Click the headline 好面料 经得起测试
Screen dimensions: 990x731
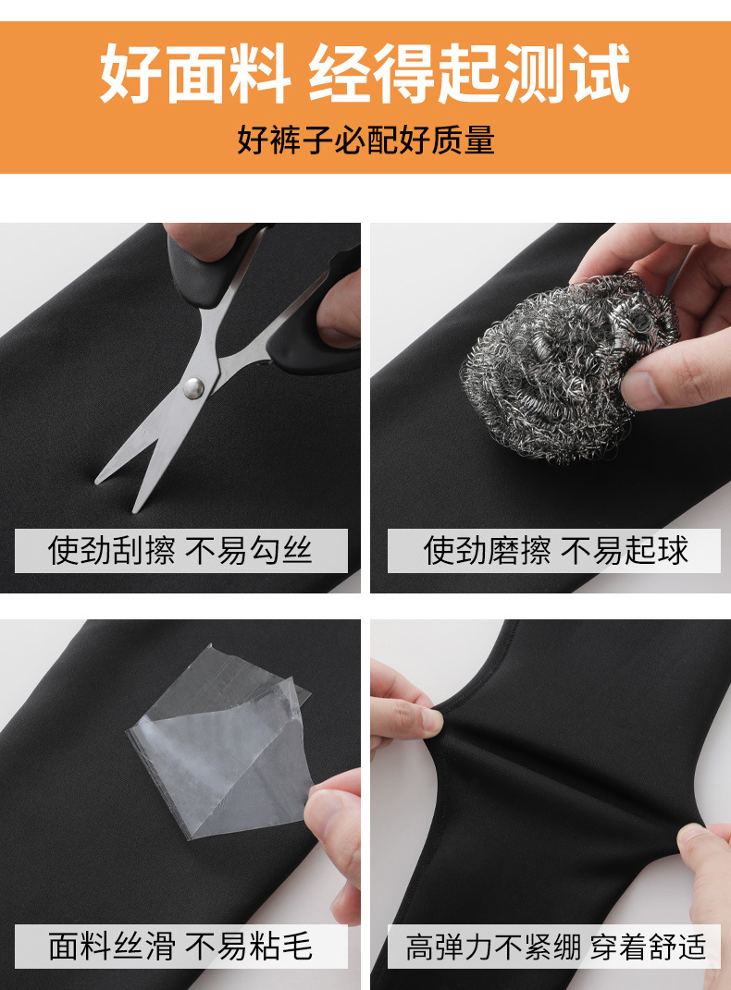pyautogui.click(x=365, y=74)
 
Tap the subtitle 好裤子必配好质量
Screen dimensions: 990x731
pyautogui.click(x=365, y=141)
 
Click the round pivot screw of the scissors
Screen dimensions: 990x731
pyautogui.click(x=193, y=387)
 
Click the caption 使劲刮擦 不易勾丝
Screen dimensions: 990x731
pyautogui.click(x=180, y=551)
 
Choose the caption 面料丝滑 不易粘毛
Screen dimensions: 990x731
pyautogui.click(x=180, y=947)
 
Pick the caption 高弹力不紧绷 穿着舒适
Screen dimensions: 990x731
pyautogui.click(x=555, y=947)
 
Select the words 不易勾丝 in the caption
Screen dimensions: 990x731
pyautogui.click(x=250, y=551)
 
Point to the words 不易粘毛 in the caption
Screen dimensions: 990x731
pyautogui.click(x=250, y=947)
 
